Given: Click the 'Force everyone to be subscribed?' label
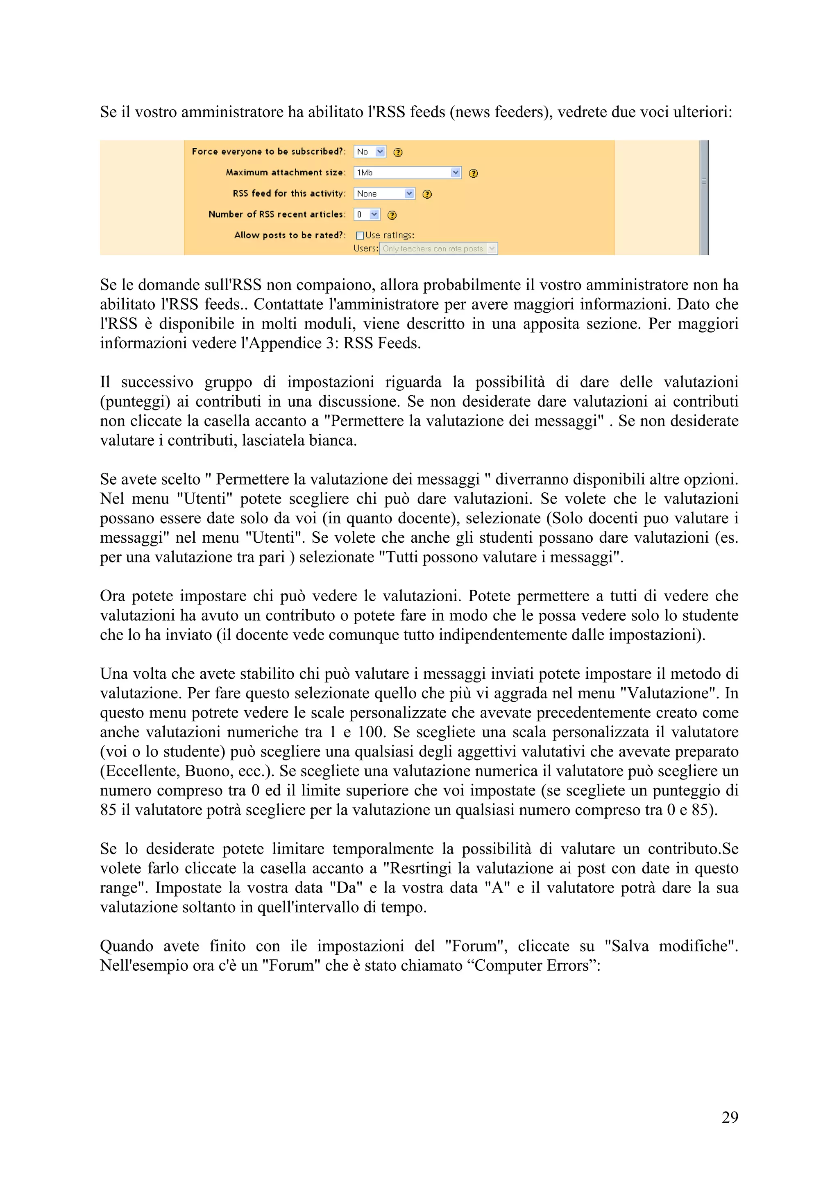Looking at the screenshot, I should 268,152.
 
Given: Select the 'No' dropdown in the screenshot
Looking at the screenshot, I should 370,152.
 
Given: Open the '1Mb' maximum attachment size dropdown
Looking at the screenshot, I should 407,173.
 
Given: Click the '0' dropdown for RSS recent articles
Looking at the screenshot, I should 367,215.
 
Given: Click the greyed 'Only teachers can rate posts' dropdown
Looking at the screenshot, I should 438,249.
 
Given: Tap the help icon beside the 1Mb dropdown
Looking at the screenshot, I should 473,173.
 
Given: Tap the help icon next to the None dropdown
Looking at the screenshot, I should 427,195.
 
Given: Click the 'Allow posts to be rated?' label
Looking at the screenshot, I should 290,235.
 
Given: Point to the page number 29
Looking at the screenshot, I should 729,1117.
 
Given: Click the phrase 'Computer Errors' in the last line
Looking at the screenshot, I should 532,965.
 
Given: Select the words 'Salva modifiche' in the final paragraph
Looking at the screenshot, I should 671,946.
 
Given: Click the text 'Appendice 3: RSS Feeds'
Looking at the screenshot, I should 334,343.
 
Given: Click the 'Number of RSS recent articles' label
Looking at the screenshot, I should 277,215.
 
